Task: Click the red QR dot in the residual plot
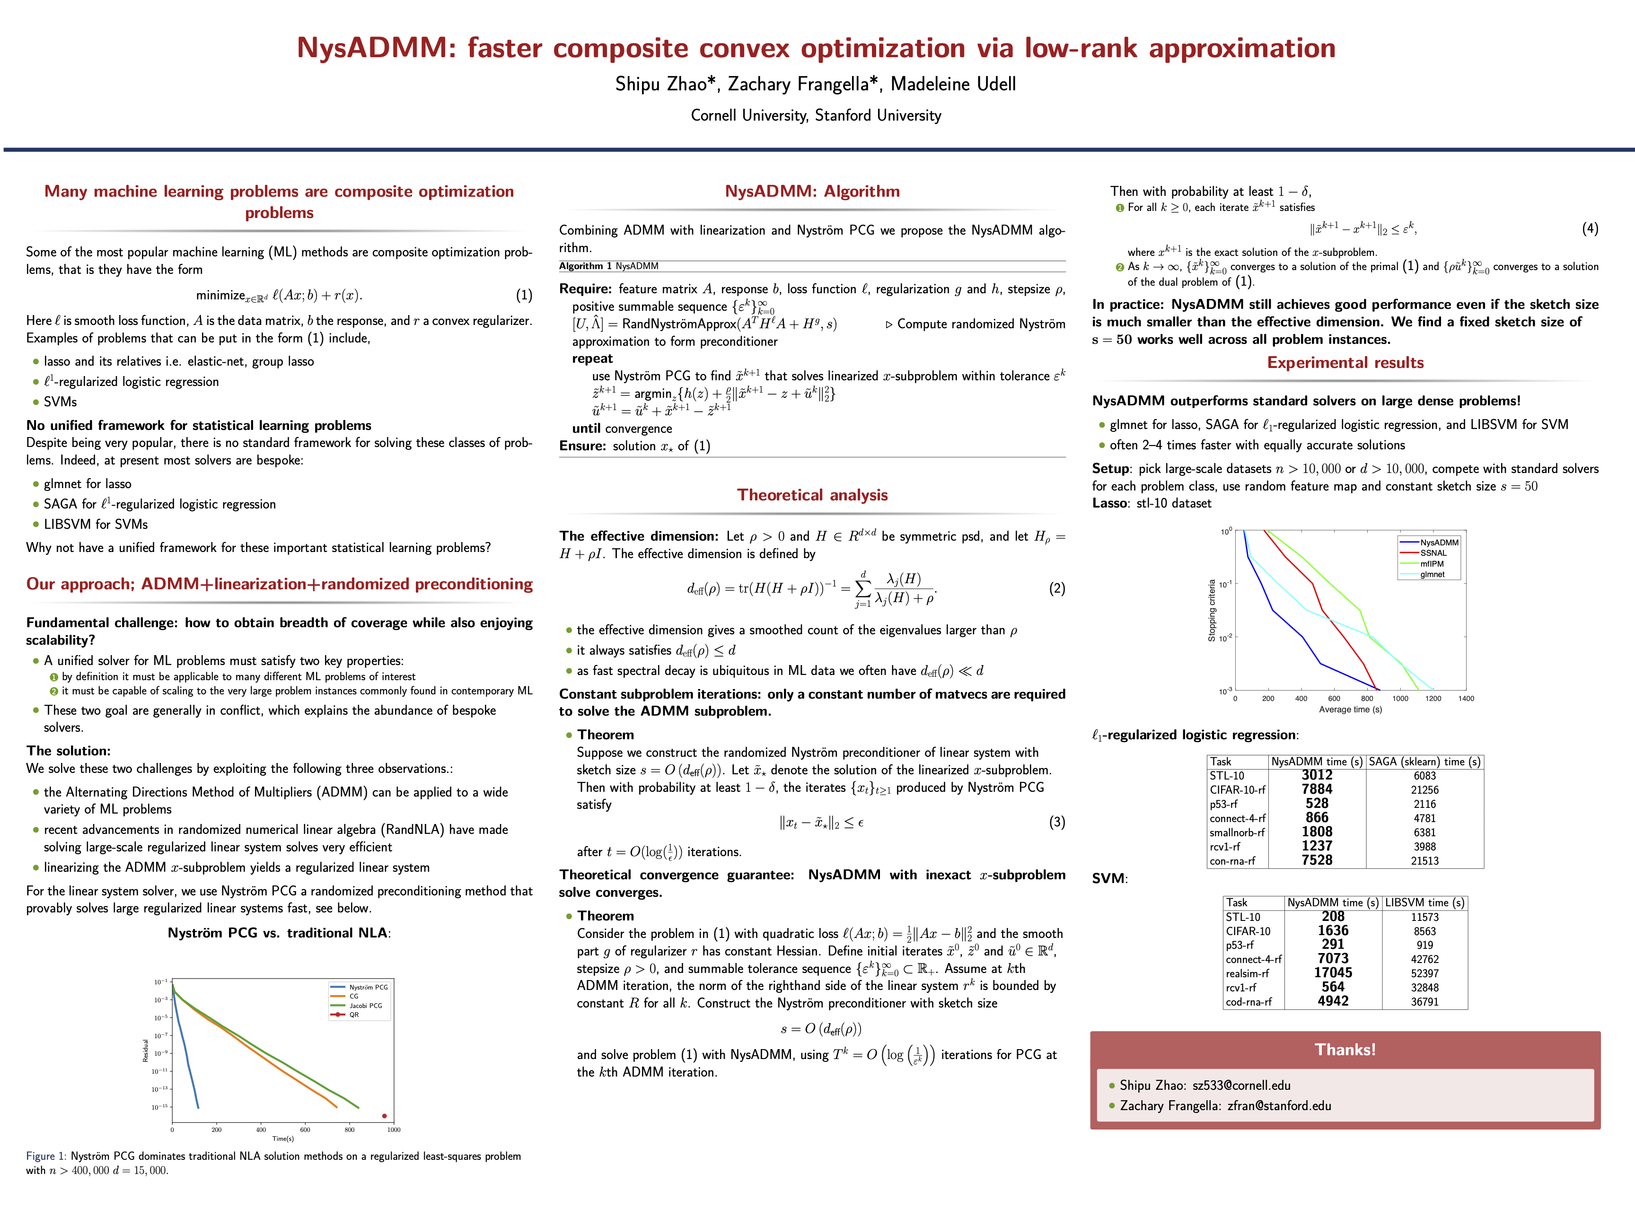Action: click(x=384, y=1116)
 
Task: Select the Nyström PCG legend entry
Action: click(x=368, y=987)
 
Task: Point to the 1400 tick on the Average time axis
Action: click(x=1466, y=698)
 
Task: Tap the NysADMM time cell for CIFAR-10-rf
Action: click(x=1317, y=789)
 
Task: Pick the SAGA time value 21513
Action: click(x=1424, y=861)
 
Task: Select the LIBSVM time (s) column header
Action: click(x=1424, y=902)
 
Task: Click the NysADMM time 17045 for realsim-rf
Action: click(x=1333, y=973)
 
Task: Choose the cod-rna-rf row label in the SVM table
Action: click(x=1248, y=1002)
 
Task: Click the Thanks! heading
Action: click(x=1345, y=1050)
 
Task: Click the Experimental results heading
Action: click(x=1345, y=362)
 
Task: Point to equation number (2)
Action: click(x=1056, y=588)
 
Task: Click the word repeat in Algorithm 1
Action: click(x=592, y=359)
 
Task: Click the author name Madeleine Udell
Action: click(x=953, y=84)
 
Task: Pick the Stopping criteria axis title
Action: click(x=1212, y=611)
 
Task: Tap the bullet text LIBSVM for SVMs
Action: click(x=96, y=524)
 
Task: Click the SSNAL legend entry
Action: click(x=1433, y=553)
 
